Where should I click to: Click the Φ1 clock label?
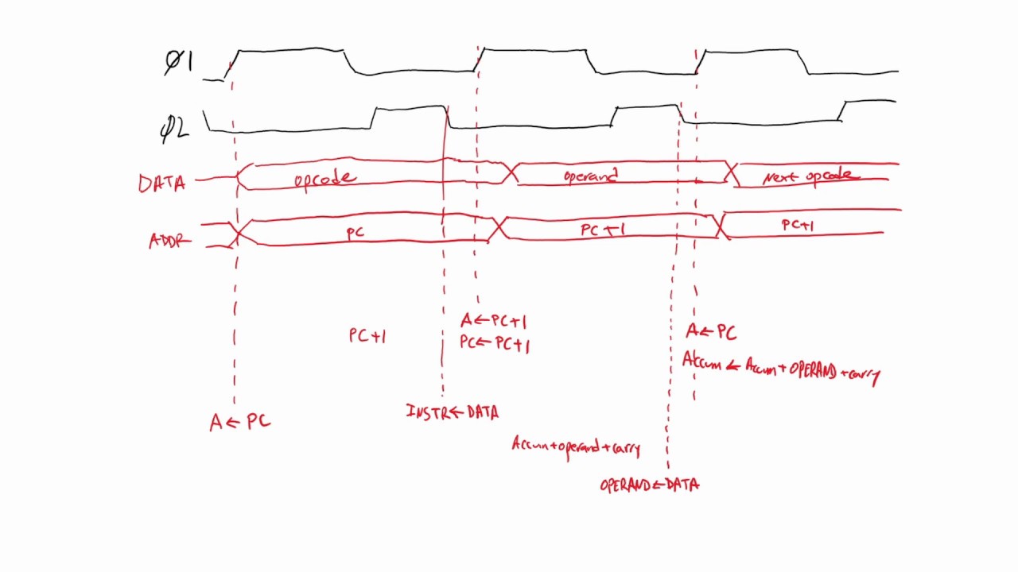point(178,62)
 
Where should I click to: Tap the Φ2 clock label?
point(174,129)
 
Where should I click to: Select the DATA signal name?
point(161,184)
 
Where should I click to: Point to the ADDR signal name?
point(169,241)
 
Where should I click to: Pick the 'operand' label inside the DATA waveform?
point(590,176)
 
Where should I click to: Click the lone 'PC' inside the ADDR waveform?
point(356,233)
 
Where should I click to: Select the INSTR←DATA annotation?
point(452,412)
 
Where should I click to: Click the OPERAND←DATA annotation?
point(649,485)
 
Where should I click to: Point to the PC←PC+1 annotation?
point(494,345)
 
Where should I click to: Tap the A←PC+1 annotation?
point(493,321)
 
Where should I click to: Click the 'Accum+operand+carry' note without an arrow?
point(576,446)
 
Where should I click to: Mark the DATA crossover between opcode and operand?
point(510,172)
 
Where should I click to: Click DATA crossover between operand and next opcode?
point(732,173)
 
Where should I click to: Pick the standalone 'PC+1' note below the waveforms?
point(367,336)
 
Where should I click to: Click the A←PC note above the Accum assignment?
point(711,332)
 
